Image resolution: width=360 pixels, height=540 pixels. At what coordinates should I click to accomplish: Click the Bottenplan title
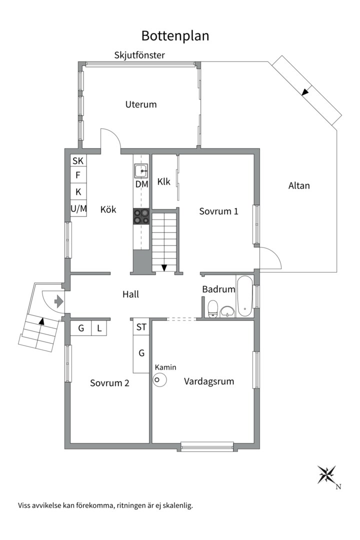(175, 36)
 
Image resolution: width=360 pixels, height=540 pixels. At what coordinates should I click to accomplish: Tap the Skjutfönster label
(139, 55)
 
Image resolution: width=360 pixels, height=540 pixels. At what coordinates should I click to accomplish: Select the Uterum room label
(141, 104)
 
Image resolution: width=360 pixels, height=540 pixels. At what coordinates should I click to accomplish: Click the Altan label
(299, 185)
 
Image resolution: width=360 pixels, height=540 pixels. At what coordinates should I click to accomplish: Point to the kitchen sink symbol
(141, 171)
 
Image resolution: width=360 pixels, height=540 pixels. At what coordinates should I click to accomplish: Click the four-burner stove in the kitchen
(141, 216)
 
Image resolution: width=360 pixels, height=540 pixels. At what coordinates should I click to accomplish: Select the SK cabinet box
(78, 160)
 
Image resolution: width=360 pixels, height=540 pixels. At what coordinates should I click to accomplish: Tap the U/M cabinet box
(78, 208)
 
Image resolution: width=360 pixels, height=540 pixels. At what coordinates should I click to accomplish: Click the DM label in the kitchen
(141, 184)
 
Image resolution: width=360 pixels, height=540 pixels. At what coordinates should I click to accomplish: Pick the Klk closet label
(163, 181)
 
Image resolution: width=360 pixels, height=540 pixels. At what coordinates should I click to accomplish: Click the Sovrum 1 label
(219, 211)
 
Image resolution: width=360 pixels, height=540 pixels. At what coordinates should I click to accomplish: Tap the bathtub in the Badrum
(244, 296)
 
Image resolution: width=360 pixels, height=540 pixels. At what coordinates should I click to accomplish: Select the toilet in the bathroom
(213, 308)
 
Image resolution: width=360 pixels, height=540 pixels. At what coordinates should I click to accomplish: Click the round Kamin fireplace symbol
(160, 380)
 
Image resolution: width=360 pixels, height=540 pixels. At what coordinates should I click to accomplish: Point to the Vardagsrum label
(209, 381)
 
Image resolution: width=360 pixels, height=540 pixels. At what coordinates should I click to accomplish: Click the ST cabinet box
(141, 327)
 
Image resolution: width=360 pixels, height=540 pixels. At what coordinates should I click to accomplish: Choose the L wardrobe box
(99, 328)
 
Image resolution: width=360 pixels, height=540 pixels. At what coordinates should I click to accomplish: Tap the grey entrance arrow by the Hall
(59, 301)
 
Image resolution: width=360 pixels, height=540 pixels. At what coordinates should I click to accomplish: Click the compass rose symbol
(326, 474)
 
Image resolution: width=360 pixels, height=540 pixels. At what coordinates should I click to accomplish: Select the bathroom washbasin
(227, 311)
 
